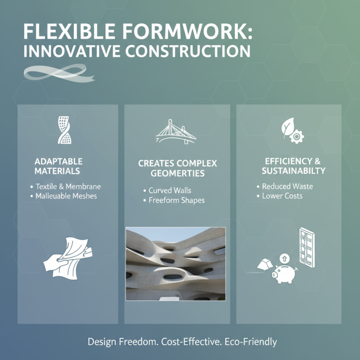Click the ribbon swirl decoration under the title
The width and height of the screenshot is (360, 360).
[58, 73]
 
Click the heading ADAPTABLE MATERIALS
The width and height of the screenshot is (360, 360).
[58, 166]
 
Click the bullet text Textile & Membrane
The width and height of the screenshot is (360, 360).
[68, 186]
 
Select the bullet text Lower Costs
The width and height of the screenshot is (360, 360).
[282, 196]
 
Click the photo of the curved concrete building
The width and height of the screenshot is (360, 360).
[175, 264]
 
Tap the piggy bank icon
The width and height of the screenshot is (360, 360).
[284, 272]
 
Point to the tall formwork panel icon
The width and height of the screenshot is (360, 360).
[306, 249]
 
